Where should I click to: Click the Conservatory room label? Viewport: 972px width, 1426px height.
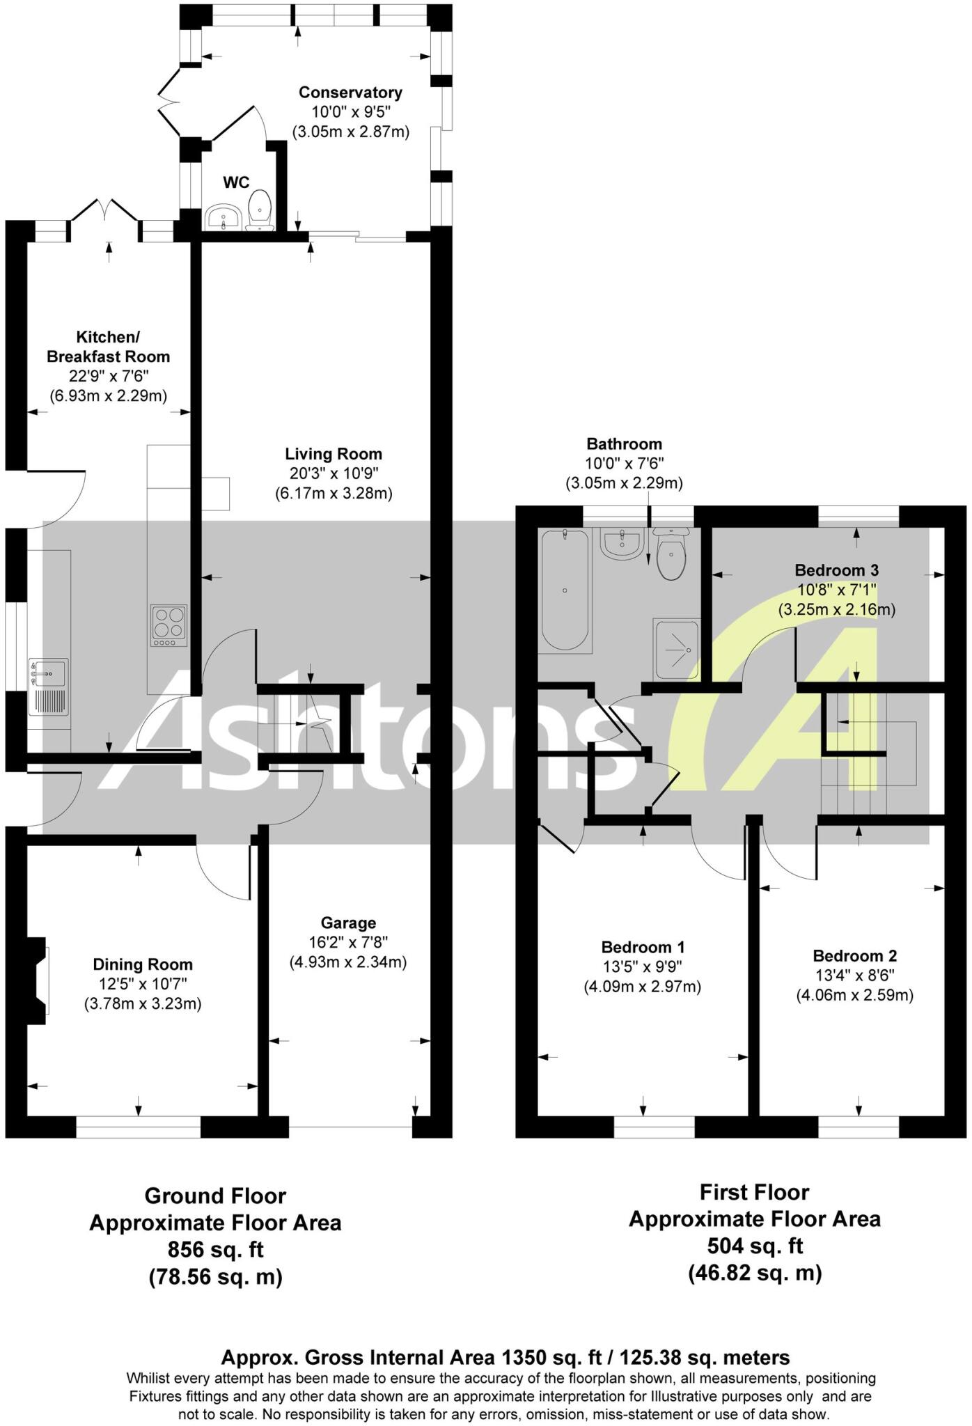tap(350, 93)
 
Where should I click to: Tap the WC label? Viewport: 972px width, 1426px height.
tap(236, 182)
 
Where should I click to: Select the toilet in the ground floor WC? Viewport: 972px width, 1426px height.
tap(261, 209)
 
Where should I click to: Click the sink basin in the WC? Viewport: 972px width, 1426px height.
tap(223, 217)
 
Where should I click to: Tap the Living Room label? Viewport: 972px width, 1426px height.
tap(334, 454)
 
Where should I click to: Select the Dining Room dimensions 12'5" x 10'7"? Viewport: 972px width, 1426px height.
tap(143, 984)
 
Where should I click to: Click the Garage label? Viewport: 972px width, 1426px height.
tap(348, 923)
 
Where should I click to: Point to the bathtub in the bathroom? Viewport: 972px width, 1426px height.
tap(565, 589)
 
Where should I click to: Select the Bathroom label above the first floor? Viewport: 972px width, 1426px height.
tap(624, 444)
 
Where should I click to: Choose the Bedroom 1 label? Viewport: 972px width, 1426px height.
tap(643, 947)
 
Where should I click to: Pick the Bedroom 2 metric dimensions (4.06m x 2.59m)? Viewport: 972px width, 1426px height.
tap(854, 995)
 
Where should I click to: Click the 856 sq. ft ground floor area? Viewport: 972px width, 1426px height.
tap(216, 1249)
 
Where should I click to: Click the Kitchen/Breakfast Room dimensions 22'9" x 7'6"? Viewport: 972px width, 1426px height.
tap(108, 377)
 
